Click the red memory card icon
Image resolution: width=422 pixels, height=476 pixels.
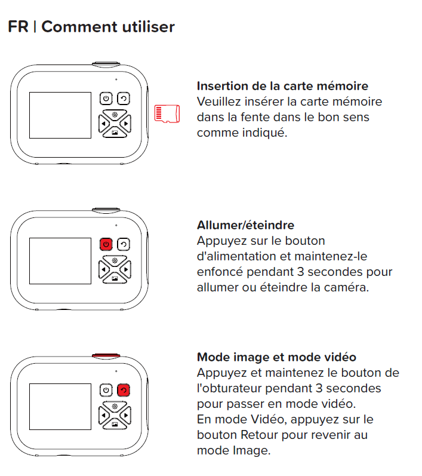[x=167, y=114]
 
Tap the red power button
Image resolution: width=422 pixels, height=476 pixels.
[x=106, y=244]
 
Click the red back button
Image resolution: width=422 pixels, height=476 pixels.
[x=124, y=390]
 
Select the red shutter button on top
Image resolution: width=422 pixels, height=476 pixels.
[x=106, y=356]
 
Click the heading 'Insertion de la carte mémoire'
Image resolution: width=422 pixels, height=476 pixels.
[x=282, y=86]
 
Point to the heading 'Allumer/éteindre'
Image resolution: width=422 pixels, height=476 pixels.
[x=245, y=225]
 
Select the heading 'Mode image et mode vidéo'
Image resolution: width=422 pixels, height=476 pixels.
[x=276, y=357]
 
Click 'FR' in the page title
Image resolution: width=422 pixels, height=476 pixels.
[x=18, y=27]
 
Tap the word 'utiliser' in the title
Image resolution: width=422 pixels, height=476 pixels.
[x=149, y=27]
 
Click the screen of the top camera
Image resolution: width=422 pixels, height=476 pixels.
[x=60, y=115]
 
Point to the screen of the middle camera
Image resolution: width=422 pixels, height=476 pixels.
[x=60, y=261]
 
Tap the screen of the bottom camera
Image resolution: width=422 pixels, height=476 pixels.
[x=60, y=407]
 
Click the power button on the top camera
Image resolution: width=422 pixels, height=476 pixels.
[x=106, y=99]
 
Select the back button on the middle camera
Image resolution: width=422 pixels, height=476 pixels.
[x=124, y=244]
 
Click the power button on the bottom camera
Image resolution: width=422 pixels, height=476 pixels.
[x=106, y=390]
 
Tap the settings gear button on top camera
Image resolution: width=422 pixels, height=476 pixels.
[x=115, y=115]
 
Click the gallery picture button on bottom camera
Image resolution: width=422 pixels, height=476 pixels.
[x=115, y=425]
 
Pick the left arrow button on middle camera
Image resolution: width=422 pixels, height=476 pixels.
[x=103, y=269]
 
